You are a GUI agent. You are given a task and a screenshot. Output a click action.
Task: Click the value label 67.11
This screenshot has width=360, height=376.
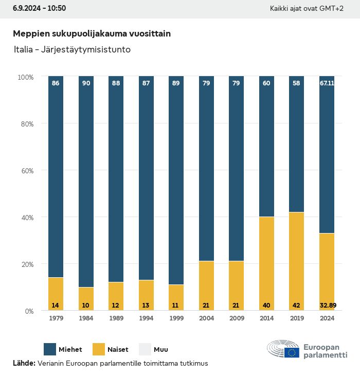point(327,83)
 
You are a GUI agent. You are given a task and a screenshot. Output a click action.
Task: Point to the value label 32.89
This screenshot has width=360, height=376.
point(327,305)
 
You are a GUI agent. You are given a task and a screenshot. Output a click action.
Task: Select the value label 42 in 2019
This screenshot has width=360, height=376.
point(297,305)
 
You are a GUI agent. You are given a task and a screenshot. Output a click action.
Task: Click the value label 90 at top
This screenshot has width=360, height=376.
point(86,83)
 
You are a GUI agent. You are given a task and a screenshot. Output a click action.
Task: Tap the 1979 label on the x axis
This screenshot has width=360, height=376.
point(56,319)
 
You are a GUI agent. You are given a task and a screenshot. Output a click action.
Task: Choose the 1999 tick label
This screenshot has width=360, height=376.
point(176,319)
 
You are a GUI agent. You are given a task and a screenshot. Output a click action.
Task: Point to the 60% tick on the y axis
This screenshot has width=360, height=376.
point(26,170)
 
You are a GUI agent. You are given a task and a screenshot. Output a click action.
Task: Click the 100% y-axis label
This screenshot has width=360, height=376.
point(25,77)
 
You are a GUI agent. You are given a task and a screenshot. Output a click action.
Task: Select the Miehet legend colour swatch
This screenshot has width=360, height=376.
point(51,349)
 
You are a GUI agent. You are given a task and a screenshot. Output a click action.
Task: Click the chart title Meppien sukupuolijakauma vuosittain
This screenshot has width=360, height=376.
point(92,33)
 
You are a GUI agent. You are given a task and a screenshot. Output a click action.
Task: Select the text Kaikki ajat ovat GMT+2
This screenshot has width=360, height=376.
point(307,9)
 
